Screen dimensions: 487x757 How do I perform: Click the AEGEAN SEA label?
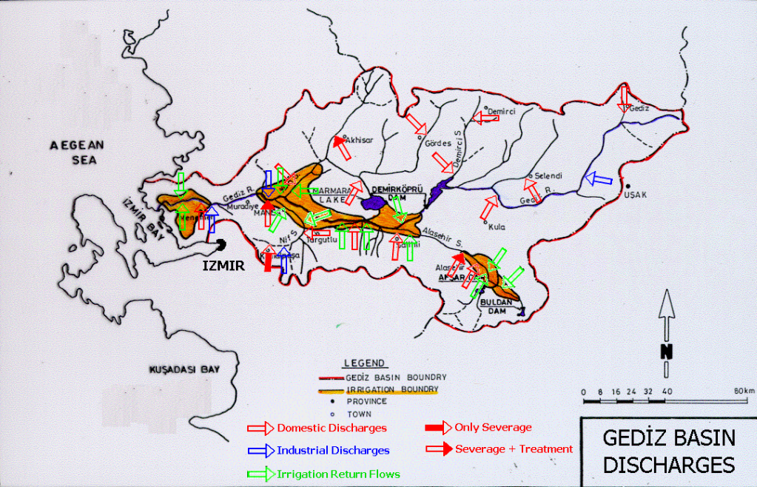tap(78, 152)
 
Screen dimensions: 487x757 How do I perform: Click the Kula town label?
tap(496, 227)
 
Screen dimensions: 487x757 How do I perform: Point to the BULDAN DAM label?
tap(493, 307)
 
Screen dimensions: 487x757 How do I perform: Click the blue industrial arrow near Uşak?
tap(598, 178)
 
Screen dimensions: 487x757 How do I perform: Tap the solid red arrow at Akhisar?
tap(341, 147)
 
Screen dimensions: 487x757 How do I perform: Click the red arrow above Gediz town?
tap(624, 97)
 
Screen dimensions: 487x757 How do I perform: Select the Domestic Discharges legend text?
tap(331, 428)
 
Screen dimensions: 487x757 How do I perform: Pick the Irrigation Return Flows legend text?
tap(338, 474)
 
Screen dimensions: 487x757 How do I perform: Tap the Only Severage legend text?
tap(493, 427)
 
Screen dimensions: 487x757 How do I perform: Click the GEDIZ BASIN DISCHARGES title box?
tap(668, 451)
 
